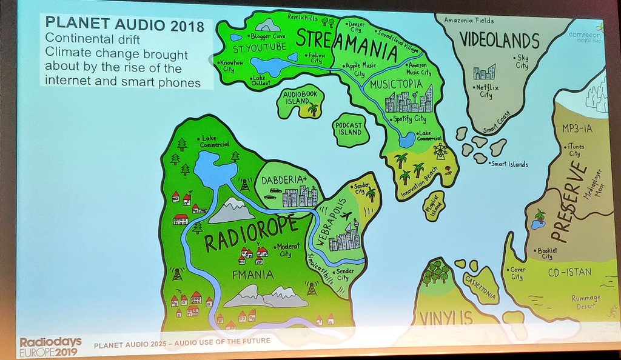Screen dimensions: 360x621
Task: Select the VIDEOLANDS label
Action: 499,41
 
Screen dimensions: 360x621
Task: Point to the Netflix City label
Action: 485,91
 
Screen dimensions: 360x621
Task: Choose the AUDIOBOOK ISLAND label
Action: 299,99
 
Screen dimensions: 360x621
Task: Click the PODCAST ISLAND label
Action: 350,128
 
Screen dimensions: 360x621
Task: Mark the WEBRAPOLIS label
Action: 324,221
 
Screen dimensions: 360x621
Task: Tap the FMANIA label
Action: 249,274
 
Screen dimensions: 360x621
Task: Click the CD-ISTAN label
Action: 569,272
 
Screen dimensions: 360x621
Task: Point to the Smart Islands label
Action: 509,164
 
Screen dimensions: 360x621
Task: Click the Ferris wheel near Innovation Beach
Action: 440,150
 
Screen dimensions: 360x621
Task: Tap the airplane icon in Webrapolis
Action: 346,216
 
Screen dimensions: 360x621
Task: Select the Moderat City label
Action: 285,250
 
